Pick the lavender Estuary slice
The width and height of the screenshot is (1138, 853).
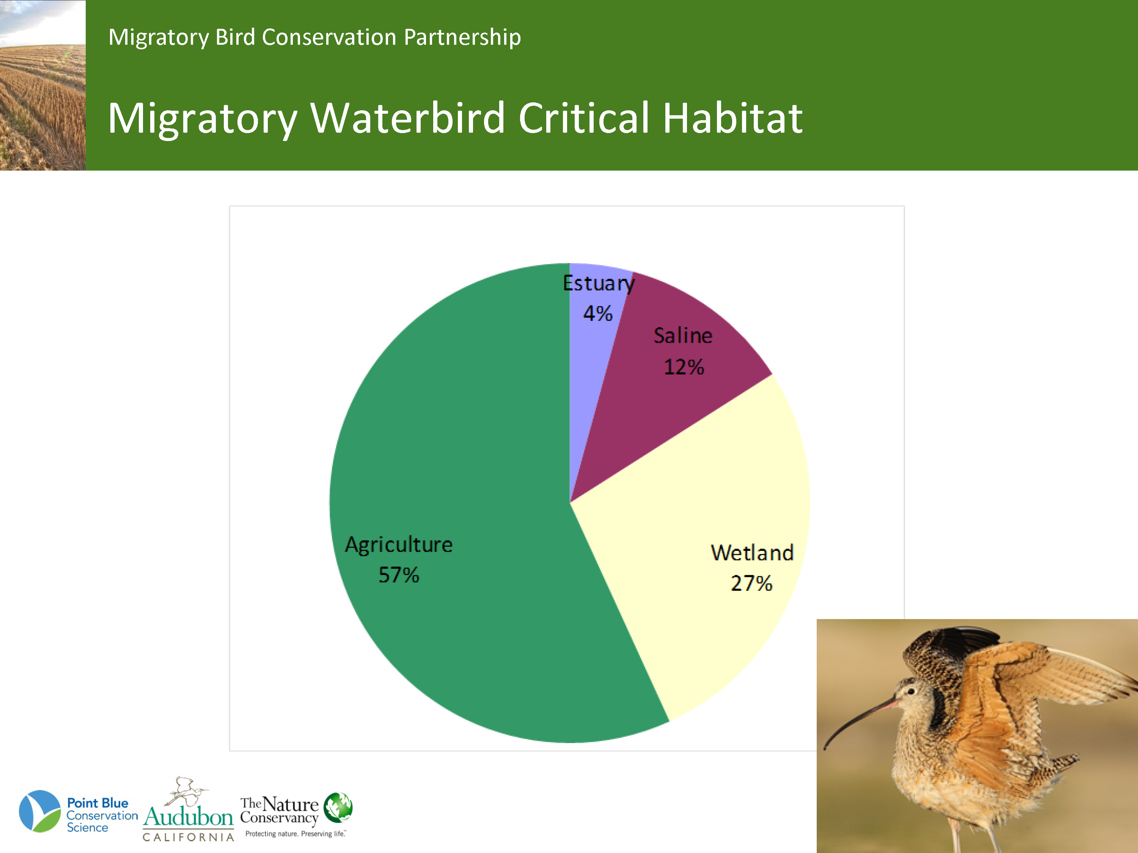point(594,329)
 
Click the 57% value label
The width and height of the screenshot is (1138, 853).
point(399,575)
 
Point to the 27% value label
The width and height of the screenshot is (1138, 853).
point(751,583)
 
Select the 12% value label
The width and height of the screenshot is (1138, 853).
point(684,367)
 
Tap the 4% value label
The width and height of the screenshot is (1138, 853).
point(598,313)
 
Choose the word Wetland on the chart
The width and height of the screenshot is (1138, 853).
point(752,553)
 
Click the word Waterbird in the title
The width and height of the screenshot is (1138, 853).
point(407,118)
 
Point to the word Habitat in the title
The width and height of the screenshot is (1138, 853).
point(732,118)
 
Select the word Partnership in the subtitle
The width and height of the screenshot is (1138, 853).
point(462,38)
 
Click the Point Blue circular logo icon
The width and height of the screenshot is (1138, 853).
point(39,811)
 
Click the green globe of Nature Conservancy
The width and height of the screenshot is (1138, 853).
point(338,807)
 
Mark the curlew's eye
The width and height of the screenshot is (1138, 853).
point(911,691)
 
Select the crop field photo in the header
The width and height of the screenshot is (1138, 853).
point(43,85)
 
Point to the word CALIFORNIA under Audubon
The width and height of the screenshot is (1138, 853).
point(188,837)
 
